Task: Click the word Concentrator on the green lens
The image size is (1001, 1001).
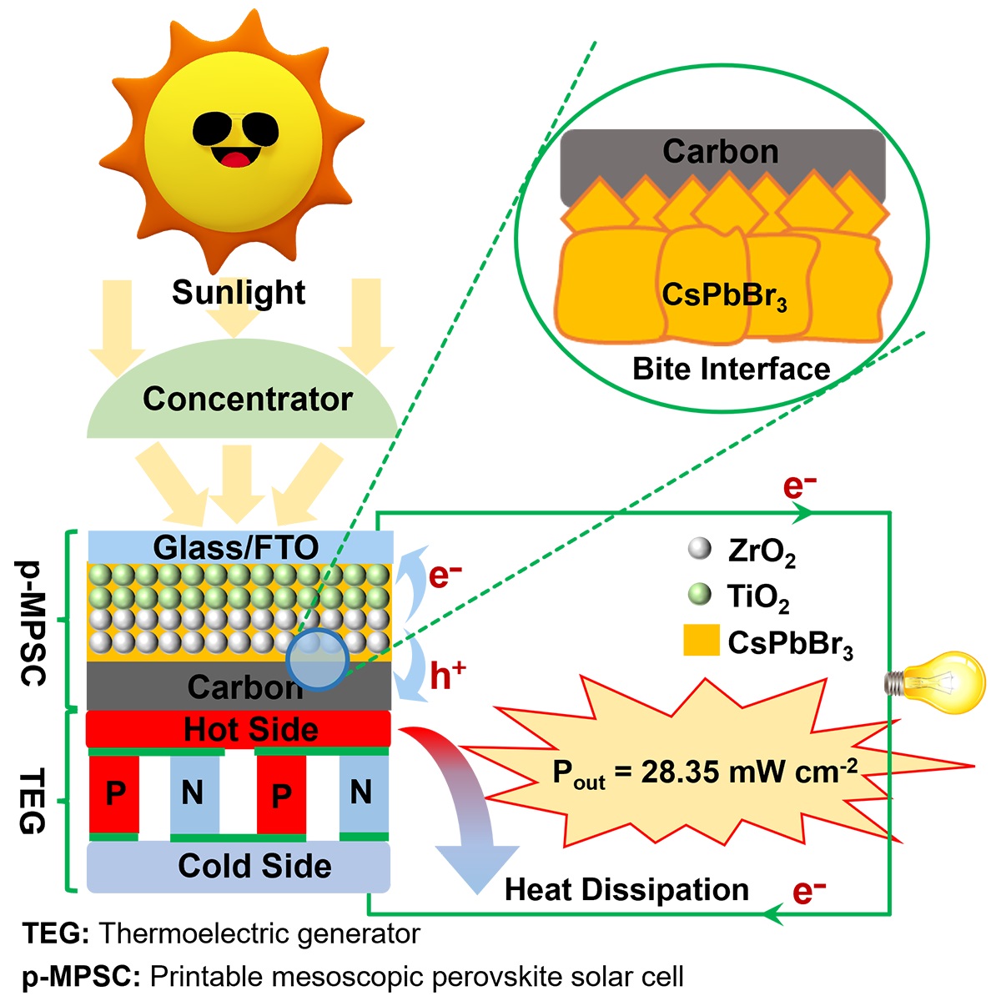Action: coord(248,399)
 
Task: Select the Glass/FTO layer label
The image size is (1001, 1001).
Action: coord(236,547)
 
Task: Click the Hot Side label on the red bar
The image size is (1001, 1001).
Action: coord(250,729)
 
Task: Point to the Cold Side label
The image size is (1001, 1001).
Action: coord(254,865)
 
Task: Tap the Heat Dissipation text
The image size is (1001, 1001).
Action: coord(626,889)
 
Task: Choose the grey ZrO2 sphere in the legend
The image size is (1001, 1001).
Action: coord(698,548)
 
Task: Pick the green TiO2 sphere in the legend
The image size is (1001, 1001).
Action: coord(698,595)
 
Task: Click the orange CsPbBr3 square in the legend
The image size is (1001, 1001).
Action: coord(701,640)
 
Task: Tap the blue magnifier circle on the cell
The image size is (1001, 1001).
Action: coord(316,659)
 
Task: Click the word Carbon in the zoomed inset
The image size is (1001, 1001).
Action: coord(720,151)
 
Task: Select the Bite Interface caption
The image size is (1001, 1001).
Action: coord(731,368)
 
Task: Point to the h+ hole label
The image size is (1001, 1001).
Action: coord(447,675)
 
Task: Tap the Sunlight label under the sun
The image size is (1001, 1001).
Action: coord(239,292)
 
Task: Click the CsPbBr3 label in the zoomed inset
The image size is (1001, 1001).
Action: coord(724,294)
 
